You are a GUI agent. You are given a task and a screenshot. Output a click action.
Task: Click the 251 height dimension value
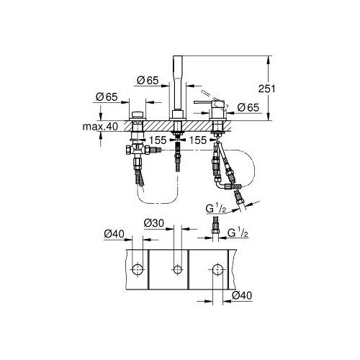[x=267, y=89]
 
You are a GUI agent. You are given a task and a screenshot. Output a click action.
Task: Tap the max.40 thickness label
[x=100, y=127]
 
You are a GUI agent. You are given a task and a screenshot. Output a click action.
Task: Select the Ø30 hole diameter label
[x=154, y=223]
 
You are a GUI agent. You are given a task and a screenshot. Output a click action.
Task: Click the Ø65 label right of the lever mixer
[x=248, y=107]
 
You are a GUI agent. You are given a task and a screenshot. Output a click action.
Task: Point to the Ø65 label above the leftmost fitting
[x=107, y=97]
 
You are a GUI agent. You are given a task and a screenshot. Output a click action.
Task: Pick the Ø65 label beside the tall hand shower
[x=148, y=80]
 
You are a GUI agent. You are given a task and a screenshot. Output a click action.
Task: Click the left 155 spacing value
[x=158, y=140]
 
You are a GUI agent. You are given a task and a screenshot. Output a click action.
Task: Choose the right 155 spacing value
[x=198, y=140]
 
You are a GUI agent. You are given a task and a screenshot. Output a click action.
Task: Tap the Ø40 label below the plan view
[x=242, y=295]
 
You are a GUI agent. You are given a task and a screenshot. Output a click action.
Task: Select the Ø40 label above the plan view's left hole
[x=114, y=233]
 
